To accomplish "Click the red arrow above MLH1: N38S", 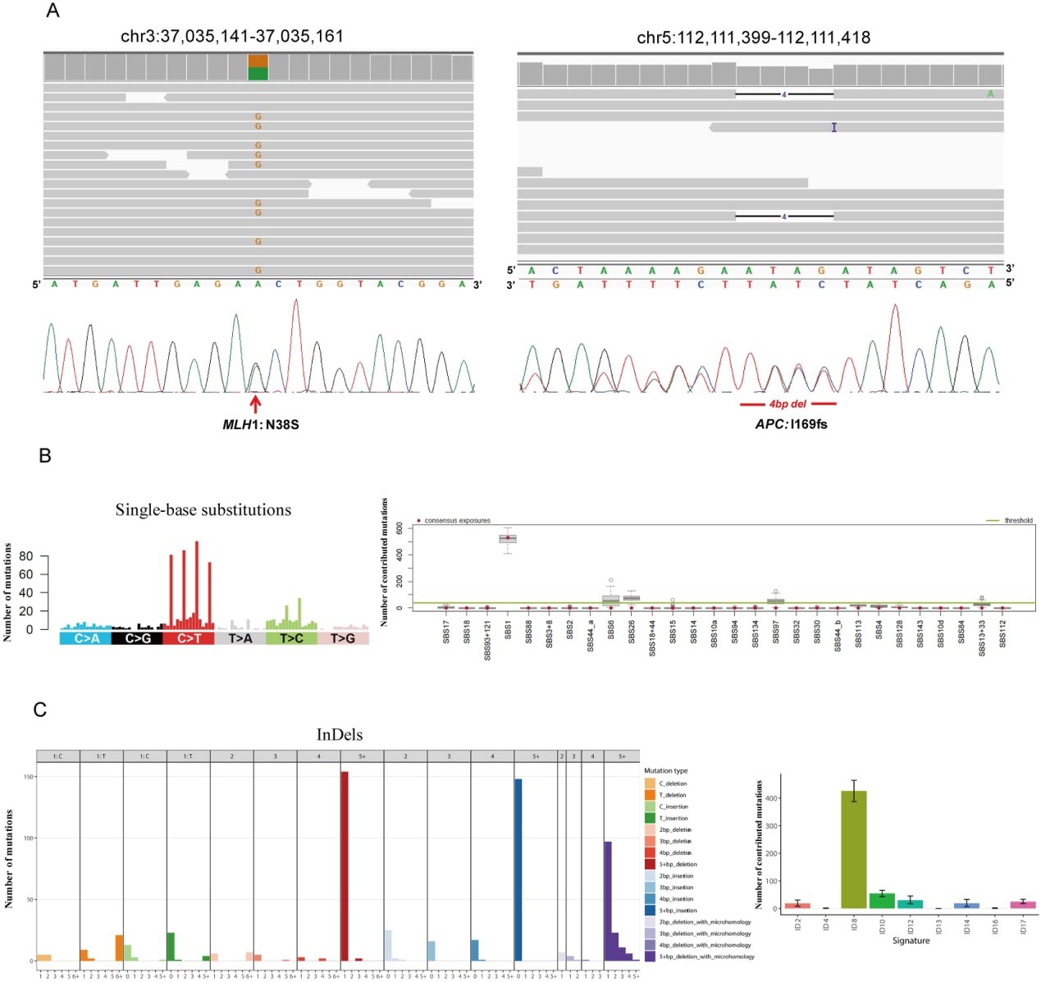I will pos(255,403).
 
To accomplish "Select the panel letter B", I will pos(45,455).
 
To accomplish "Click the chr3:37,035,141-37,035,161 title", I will pos(232,37).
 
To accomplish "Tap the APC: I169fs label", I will pos(791,424).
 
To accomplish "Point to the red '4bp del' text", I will pos(788,404).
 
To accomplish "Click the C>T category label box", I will pos(189,637).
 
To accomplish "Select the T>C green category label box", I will pos(291,637).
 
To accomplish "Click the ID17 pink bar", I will pos(1022,904).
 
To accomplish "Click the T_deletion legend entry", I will pos(672,795).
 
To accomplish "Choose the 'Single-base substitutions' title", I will pos(203,509).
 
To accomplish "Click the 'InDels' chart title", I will pos(340,734).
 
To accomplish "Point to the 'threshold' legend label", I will pos(1018,520).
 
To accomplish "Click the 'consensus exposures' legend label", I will pos(457,520).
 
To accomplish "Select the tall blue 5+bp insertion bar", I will pos(518,870).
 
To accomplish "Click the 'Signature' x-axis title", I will pos(911,940).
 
